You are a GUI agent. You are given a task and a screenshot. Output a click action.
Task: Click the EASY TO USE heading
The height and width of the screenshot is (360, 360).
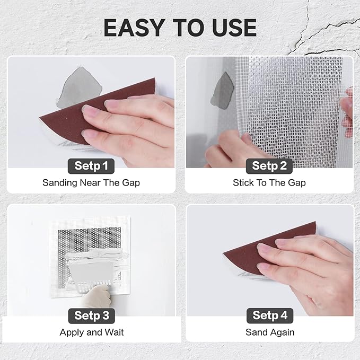pos(180,28)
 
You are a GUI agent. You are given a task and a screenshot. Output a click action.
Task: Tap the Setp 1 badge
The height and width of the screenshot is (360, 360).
pos(91,166)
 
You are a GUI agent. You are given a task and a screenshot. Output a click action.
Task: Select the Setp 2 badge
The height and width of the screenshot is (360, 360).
pos(269,166)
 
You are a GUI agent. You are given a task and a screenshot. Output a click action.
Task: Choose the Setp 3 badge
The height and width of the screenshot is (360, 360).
pos(91,316)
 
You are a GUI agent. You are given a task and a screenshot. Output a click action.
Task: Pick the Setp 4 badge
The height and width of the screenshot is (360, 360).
pos(269,316)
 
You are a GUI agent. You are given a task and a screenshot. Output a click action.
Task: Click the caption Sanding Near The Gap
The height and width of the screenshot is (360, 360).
pos(91,183)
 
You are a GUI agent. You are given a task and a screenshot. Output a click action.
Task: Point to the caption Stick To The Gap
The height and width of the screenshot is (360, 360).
pos(269,183)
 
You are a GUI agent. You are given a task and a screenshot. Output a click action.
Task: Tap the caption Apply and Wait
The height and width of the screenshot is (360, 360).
pos(91,332)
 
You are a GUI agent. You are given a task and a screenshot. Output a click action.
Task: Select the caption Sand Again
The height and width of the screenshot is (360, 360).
pos(269,332)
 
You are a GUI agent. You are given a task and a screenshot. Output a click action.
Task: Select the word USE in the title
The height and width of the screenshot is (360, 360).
pos(232,28)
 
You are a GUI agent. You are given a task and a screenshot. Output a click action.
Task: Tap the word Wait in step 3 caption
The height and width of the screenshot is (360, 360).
pos(115,332)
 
